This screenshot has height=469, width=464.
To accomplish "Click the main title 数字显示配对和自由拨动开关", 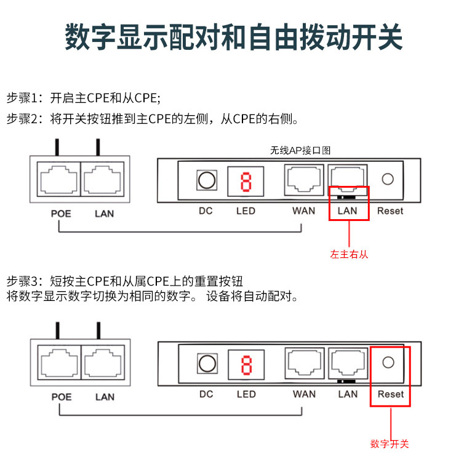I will click(233, 38).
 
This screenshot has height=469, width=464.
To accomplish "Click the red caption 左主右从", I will click(349, 254).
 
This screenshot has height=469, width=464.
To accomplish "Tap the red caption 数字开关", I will click(390, 444).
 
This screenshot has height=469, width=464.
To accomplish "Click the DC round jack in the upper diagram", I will click(206, 181).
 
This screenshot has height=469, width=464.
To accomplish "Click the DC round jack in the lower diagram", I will click(206, 364).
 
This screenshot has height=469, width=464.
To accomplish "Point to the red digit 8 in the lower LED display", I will click(246, 365).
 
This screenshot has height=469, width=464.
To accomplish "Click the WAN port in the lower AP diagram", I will click(303, 363).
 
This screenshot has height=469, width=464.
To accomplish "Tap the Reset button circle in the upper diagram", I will click(388, 179).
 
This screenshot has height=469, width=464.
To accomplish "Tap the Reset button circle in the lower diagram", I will click(388, 363).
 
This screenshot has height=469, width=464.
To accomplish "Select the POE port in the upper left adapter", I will click(58, 180).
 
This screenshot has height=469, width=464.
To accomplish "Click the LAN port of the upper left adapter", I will click(102, 180).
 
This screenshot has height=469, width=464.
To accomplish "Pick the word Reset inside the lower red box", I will click(391, 395).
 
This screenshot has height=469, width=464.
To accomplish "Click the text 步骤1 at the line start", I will click(22, 98).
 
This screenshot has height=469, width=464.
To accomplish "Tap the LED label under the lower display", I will click(246, 394).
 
